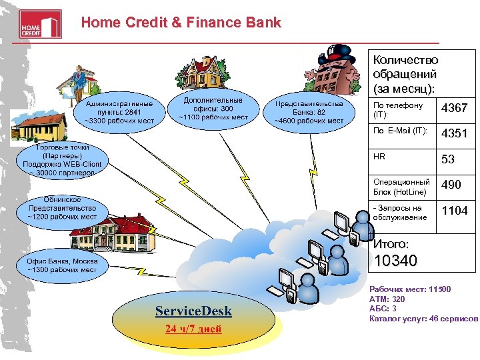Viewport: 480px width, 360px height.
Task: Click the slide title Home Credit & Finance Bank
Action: click(181, 23)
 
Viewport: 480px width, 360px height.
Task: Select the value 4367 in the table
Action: click(455, 108)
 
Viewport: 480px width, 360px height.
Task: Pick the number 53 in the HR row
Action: click(448, 159)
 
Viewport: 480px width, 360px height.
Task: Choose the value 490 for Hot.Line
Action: click(451, 185)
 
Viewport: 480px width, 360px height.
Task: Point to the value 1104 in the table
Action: click(455, 211)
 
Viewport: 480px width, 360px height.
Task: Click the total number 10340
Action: click(396, 261)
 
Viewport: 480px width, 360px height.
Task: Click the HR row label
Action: click(379, 157)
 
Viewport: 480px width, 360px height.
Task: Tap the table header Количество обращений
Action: click(405, 74)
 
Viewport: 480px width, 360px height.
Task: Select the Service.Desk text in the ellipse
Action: click(193, 311)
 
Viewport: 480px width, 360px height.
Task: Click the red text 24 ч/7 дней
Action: click(193, 329)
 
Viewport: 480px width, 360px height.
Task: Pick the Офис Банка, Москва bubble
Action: click(62, 265)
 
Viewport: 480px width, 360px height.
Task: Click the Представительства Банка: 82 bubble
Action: click(309, 112)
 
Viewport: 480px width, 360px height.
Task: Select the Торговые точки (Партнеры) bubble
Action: click(62, 159)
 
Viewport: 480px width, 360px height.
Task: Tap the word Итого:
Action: click(391, 244)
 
